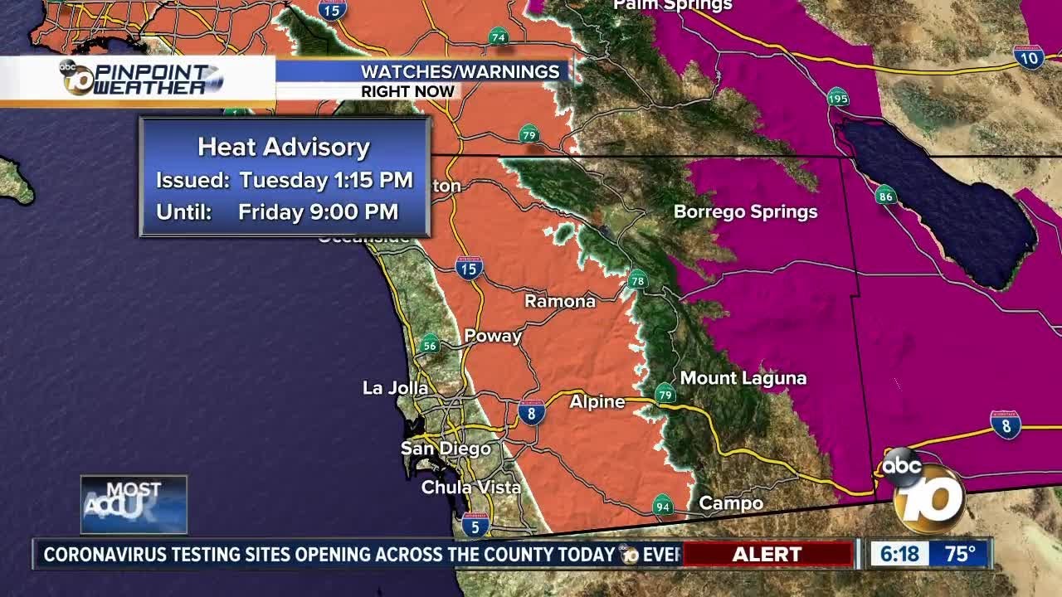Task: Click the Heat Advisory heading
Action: pos(284,148)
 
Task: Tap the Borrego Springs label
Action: pos(745,211)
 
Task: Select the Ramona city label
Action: pos(560,301)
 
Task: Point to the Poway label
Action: pos(493,336)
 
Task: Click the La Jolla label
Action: pos(396,387)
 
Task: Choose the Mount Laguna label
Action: pos(743,378)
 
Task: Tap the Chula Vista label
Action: pos(470,487)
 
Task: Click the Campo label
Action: pos(731,503)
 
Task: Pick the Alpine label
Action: pos(597,402)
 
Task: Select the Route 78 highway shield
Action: pos(637,280)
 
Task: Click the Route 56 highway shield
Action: pos(429,344)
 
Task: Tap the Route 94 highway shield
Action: pos(662,505)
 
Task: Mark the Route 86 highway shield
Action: pos(885,196)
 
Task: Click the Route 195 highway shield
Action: pos(838,98)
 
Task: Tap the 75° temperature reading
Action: pos(960,553)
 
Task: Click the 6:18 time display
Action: pos(895,553)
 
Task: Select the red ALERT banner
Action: pos(767,554)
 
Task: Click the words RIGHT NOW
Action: pos(407,91)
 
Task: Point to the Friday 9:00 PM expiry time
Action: pos(318,211)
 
